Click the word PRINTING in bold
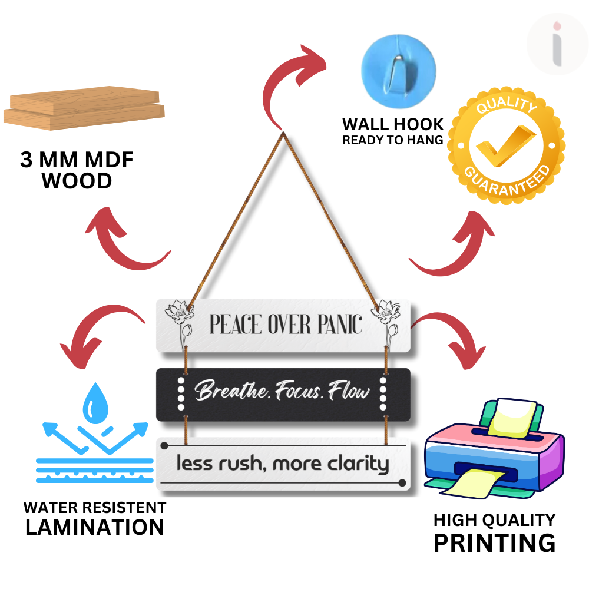coord(494,542)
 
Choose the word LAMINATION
coord(95,527)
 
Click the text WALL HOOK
coord(393,124)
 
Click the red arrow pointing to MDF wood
coord(127,241)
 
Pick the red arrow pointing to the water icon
coord(97,333)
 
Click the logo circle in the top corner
coord(557,44)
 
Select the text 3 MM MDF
coord(77,160)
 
